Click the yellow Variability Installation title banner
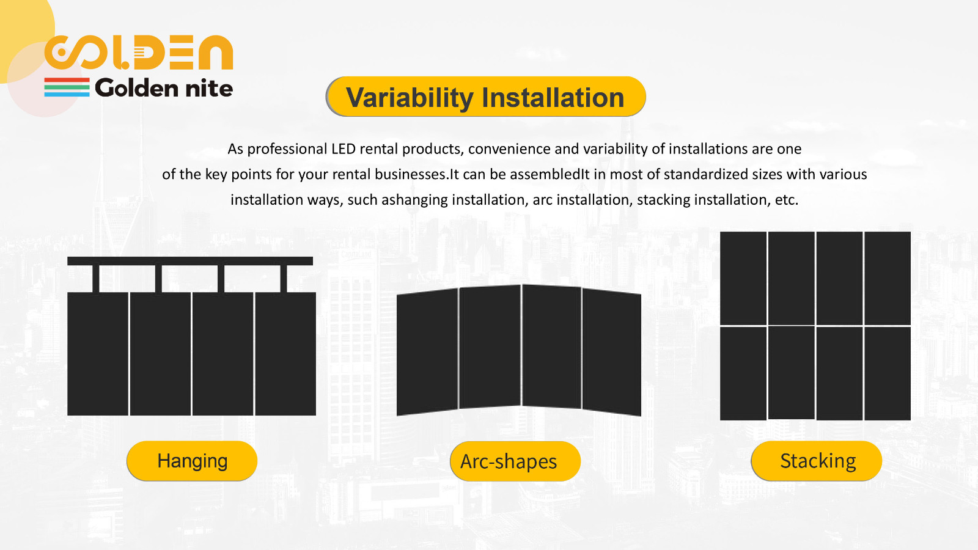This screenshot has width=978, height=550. pos(486,97)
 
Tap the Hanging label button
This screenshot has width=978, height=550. pos(192,461)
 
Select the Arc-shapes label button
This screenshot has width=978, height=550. pos(515,461)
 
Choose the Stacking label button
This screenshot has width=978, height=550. pos(817,461)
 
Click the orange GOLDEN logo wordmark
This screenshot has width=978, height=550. pos(139,53)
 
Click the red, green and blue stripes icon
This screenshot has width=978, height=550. pos(67,87)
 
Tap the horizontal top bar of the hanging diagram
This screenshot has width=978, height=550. pos(190,261)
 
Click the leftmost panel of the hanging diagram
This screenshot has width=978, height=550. pos(98,354)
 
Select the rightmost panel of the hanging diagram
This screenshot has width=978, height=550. pos(285,354)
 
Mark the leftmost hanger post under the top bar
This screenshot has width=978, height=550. pos(96,279)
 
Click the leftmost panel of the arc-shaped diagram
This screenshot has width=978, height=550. pos(427,352)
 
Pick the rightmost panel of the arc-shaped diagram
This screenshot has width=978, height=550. pos(612,352)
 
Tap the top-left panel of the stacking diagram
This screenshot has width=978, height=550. pos(743,278)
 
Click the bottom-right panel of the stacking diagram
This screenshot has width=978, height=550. pos(888,373)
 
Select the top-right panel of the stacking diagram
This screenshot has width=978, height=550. pos(888,278)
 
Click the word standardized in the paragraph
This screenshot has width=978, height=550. pos(706,175)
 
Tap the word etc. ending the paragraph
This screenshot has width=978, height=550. pos(786,200)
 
